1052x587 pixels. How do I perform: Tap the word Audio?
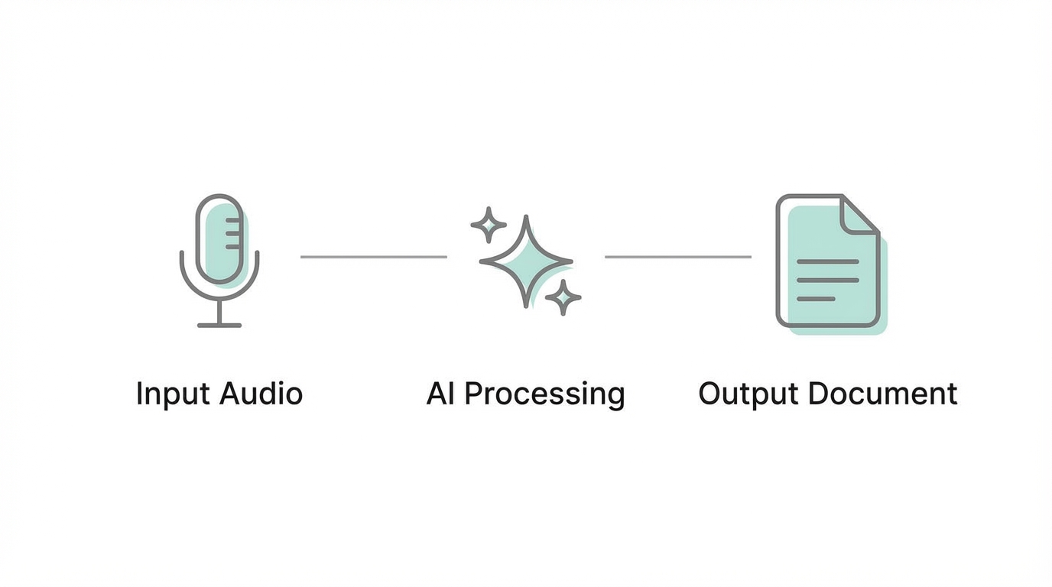click(x=261, y=394)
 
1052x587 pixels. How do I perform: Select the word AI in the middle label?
click(x=440, y=394)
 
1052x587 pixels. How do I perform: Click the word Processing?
click(x=545, y=394)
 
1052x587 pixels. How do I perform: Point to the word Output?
click(x=748, y=394)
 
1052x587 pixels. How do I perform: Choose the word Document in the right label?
click(x=882, y=394)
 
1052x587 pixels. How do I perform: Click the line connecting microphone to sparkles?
click(x=373, y=257)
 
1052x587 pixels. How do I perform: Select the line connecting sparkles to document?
click(x=677, y=257)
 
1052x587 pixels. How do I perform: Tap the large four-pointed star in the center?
click(x=526, y=261)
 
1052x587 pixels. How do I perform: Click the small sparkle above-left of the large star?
click(x=488, y=225)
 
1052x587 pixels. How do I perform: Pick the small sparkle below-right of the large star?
click(x=563, y=297)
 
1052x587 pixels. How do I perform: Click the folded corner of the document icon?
click(x=858, y=214)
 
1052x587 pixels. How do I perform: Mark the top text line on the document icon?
click(x=827, y=261)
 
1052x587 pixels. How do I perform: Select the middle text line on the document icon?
click(x=827, y=280)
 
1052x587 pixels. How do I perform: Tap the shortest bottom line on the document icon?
click(x=816, y=298)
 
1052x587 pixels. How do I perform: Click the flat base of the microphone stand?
click(x=219, y=326)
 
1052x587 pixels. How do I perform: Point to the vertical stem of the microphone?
click(x=219, y=312)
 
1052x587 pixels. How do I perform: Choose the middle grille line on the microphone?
click(x=232, y=233)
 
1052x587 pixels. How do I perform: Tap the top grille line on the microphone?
click(x=232, y=220)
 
